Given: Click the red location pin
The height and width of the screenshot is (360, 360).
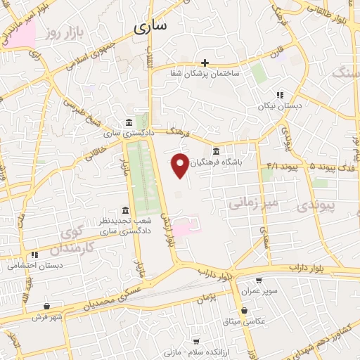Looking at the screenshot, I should coord(180,165).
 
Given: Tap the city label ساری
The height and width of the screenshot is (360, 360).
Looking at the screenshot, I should coord(149,27).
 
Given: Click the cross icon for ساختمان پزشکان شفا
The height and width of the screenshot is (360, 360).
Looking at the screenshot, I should coord(205,63).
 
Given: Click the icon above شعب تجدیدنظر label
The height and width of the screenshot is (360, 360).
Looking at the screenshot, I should coord(125,210).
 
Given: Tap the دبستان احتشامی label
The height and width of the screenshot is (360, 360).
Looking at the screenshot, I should coord(35,265).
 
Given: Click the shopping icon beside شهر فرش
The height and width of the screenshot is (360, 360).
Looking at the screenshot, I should coord(46,307).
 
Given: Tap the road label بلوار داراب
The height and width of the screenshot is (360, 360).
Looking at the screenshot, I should coord(304,269).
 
